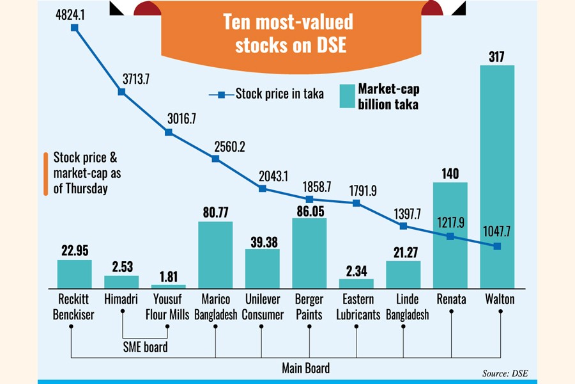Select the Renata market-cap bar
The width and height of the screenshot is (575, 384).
[450, 234]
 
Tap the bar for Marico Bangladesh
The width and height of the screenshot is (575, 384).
[215, 255]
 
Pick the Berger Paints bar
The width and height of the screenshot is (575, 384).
[309, 253]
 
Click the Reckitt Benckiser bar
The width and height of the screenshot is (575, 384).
[75, 273]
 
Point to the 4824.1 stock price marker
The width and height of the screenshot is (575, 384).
[75, 28]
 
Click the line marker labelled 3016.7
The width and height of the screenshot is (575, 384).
[169, 132]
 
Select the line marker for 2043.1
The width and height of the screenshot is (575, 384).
[263, 188]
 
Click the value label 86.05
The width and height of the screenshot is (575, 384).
[309, 209]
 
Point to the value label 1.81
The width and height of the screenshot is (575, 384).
[169, 276]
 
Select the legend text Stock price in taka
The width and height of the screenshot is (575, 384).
[279, 94]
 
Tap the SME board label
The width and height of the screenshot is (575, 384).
[146, 348]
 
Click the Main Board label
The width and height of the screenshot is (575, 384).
[305, 368]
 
